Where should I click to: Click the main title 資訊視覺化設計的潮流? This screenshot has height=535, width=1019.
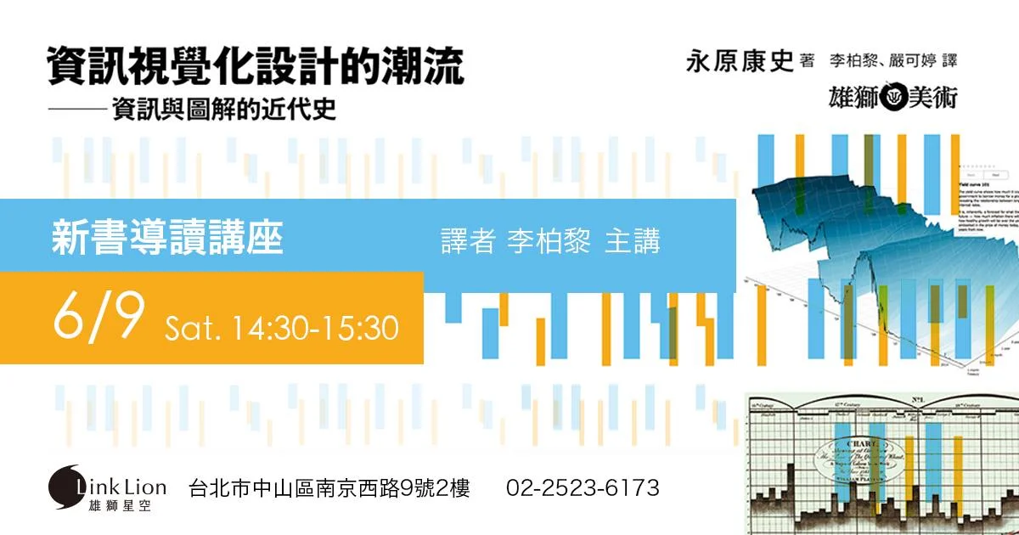(256, 65)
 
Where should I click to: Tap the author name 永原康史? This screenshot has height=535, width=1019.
(739, 63)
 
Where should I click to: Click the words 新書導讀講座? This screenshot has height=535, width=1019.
(166, 237)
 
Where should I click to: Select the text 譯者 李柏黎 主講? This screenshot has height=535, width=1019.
(550, 241)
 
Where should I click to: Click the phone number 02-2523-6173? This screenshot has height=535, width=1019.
(583, 488)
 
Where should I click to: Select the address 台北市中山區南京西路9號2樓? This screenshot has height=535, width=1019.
(329, 488)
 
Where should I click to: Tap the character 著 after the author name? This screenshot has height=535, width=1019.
(807, 60)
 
